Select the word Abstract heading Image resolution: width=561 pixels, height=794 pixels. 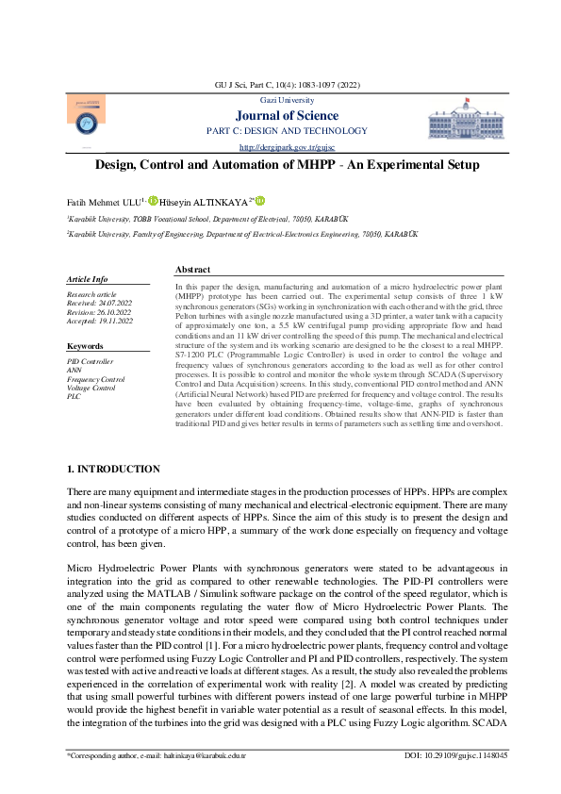(x=192, y=270)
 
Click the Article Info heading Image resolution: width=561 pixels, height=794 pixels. (x=87, y=279)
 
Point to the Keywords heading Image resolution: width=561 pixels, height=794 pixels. (x=85, y=347)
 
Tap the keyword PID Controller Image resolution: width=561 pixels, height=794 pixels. (x=90, y=361)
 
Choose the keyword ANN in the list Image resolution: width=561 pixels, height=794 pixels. (x=74, y=370)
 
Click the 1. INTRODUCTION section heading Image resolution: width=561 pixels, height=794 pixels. (x=113, y=469)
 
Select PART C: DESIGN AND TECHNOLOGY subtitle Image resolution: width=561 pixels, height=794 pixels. (x=286, y=130)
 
